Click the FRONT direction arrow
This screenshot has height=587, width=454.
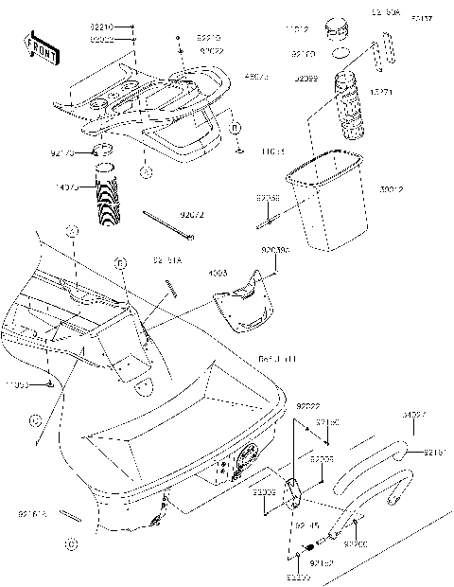pos(38,45)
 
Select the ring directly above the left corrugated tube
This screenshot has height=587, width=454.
pos(105,151)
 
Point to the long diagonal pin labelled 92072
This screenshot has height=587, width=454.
pos(168,225)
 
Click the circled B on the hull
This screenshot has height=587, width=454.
pos(120,262)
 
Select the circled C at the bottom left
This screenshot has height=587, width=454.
pos(70,543)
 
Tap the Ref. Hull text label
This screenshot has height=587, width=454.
pos(276,359)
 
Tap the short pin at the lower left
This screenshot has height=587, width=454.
pos(69,516)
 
